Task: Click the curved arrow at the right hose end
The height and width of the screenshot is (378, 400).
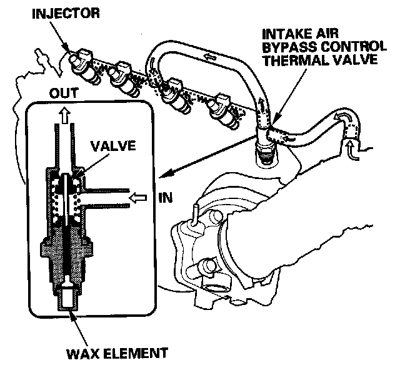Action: coord(342,117)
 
